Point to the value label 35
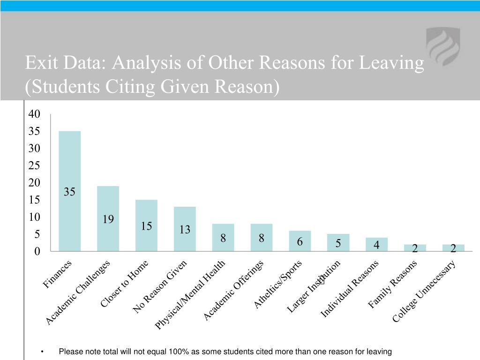(x=69, y=192)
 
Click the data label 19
(x=108, y=219)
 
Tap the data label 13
(x=185, y=230)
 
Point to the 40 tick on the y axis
(x=34, y=114)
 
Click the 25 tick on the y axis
(x=34, y=165)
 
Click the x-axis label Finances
(x=58, y=274)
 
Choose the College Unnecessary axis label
(x=424, y=292)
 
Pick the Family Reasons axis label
(x=392, y=285)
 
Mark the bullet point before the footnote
(x=42, y=352)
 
